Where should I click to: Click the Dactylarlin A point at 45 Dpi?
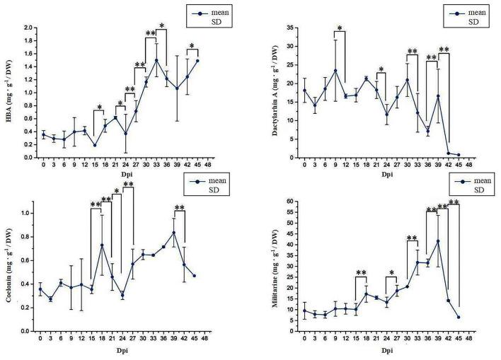[459, 155]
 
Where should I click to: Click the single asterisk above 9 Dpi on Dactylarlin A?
[340, 29]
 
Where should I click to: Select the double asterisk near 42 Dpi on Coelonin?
[180, 208]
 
